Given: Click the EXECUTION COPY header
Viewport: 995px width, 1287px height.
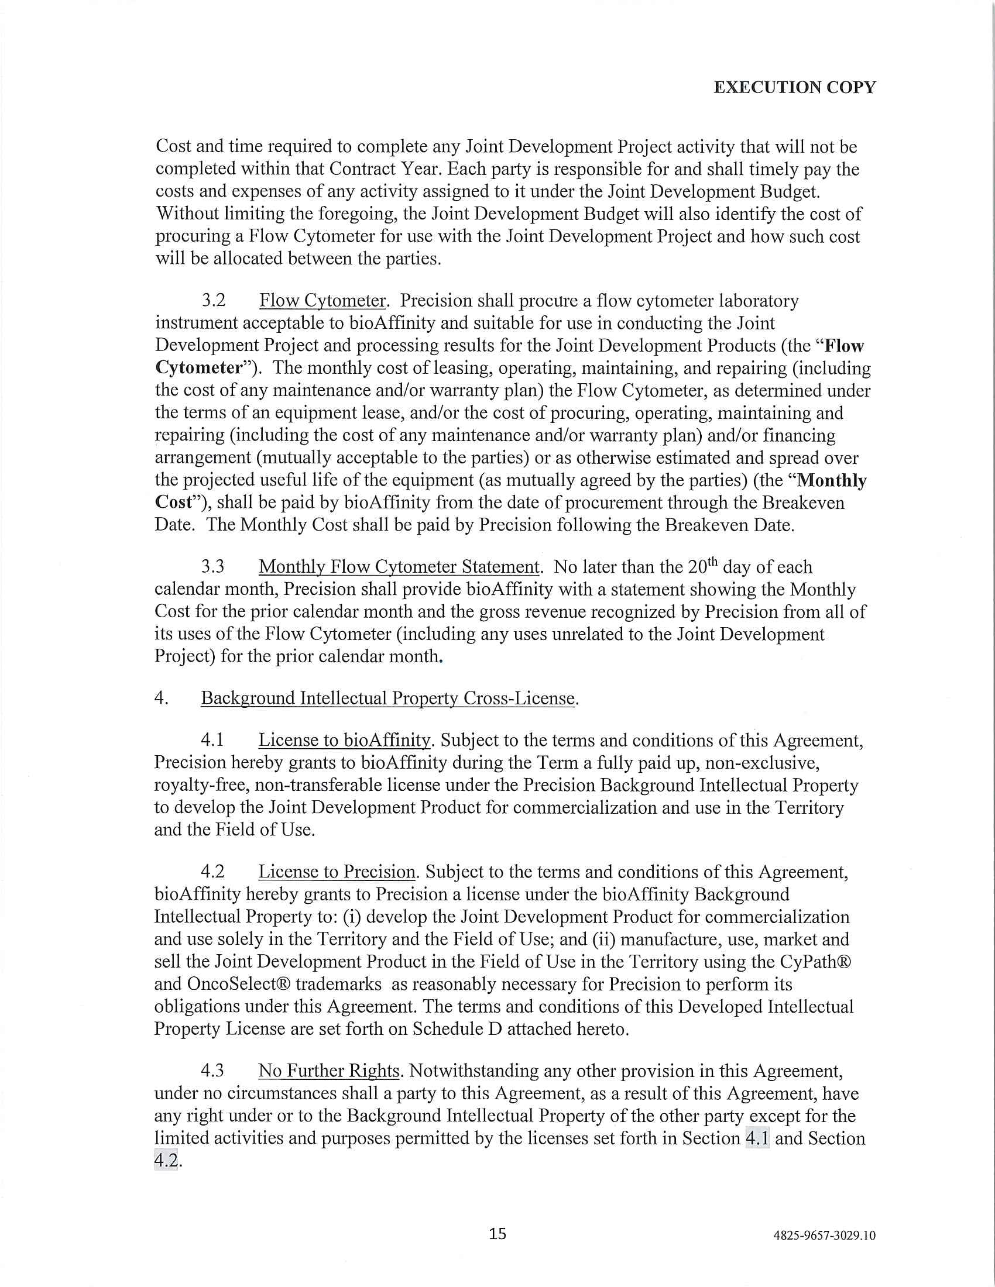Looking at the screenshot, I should (x=794, y=87).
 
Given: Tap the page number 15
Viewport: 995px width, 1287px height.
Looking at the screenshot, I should (x=497, y=1233).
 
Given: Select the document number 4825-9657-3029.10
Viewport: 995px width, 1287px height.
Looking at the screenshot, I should (x=824, y=1236).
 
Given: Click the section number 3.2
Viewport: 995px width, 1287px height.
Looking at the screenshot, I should (x=214, y=301).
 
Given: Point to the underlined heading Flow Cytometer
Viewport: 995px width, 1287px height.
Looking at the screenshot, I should (x=322, y=301).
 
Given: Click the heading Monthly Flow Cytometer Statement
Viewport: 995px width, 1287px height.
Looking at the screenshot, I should (x=399, y=567).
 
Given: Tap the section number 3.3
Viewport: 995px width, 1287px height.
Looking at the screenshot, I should (x=213, y=567).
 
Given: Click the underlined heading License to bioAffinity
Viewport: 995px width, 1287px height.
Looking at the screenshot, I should (x=345, y=740).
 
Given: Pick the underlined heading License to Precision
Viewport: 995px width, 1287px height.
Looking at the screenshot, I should (x=337, y=872).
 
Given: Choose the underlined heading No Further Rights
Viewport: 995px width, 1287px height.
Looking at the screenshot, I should (x=329, y=1071).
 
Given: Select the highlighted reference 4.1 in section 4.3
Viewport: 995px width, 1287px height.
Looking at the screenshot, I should (x=757, y=1138).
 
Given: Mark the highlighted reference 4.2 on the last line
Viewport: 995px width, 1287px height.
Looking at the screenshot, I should (x=166, y=1160).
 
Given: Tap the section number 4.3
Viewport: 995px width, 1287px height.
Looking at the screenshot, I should (x=213, y=1071).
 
